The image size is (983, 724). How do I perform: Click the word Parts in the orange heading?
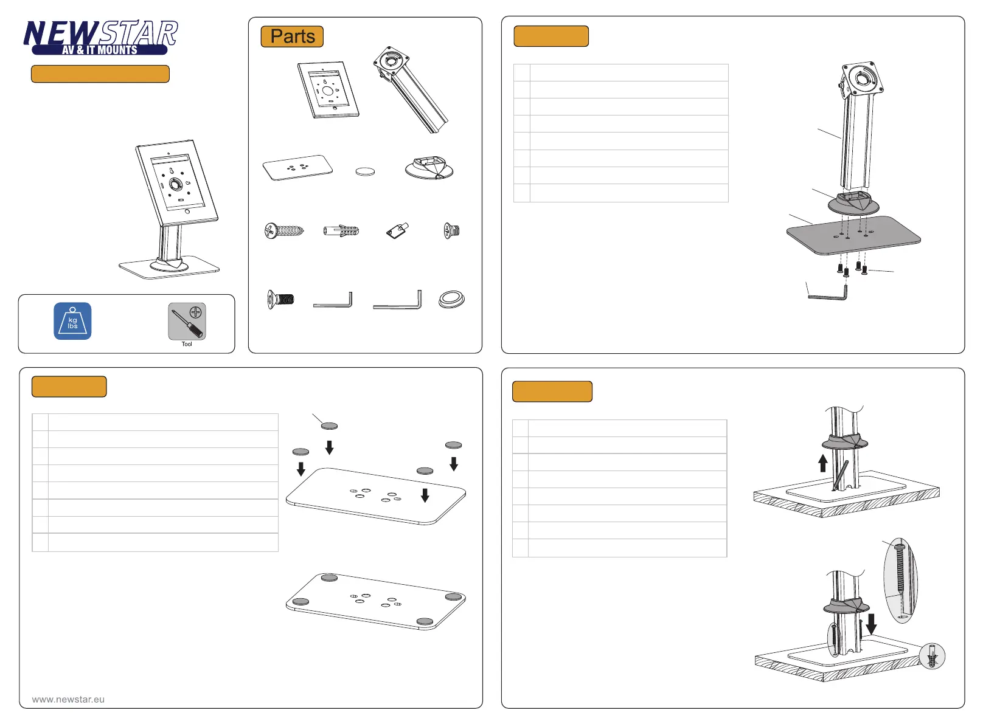coord(293,36)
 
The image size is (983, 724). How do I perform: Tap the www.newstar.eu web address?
coord(68,700)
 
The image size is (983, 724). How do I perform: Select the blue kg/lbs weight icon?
coord(72,321)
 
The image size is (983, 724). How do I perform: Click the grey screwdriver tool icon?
coord(187,322)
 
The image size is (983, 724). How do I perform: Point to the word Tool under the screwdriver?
coord(187,344)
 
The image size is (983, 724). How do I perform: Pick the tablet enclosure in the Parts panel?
coord(328,89)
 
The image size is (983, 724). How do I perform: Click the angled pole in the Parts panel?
coord(411,89)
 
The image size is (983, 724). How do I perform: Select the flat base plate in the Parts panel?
coord(297,168)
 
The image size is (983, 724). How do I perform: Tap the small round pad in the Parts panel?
coord(365,171)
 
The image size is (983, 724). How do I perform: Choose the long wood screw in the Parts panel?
coord(284,230)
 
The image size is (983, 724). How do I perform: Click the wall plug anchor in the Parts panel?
coord(341,230)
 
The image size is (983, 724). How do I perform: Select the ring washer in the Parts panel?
coord(451,300)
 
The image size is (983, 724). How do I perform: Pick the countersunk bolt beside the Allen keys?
coord(280,300)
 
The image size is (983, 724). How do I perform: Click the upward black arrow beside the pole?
coord(823,463)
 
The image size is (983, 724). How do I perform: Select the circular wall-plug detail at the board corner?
coord(932,656)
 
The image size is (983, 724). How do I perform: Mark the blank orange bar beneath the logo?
coord(100,74)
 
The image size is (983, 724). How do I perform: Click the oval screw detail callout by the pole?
coord(900,581)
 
